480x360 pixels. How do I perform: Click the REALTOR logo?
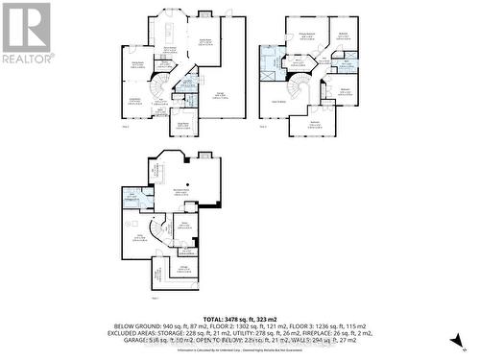tap(26, 33)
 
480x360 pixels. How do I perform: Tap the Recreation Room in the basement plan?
tap(179, 193)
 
